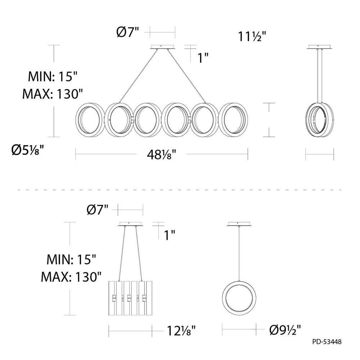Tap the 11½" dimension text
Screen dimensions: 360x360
coord(252,36)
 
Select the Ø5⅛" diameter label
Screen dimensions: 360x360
coord(27,150)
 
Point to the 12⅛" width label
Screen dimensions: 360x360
coord(181,331)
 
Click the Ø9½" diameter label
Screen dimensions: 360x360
coord(285,330)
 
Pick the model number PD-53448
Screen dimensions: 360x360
coord(327,342)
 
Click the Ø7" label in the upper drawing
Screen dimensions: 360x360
coord(128,32)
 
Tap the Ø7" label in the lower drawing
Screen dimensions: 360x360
coord(97,210)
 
